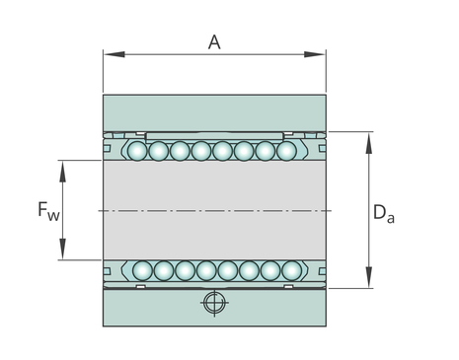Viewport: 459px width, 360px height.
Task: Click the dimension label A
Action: click(x=214, y=42)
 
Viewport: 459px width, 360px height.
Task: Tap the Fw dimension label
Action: click(x=48, y=211)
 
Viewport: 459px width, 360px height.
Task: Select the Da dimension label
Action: click(x=384, y=214)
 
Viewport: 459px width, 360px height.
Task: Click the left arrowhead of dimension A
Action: click(x=115, y=54)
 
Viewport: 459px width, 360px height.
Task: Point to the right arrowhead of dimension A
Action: click(x=315, y=54)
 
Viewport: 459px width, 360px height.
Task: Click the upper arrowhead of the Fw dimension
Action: click(x=62, y=172)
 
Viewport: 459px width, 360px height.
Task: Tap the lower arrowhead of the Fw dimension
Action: click(x=62, y=249)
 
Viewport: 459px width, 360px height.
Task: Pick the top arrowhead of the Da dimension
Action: click(x=369, y=143)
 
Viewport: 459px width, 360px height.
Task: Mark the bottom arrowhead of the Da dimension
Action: click(x=369, y=277)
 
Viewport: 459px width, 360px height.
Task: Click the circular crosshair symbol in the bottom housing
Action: click(x=214, y=303)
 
